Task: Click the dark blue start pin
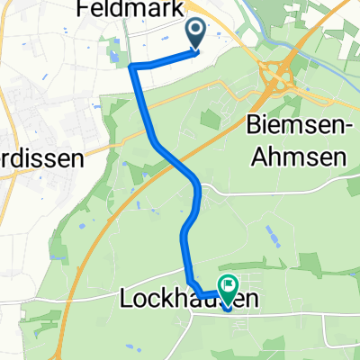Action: [196, 34]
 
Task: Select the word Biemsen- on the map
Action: [293, 124]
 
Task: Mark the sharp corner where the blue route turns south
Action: [132, 67]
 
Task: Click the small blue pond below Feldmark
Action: [113, 60]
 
